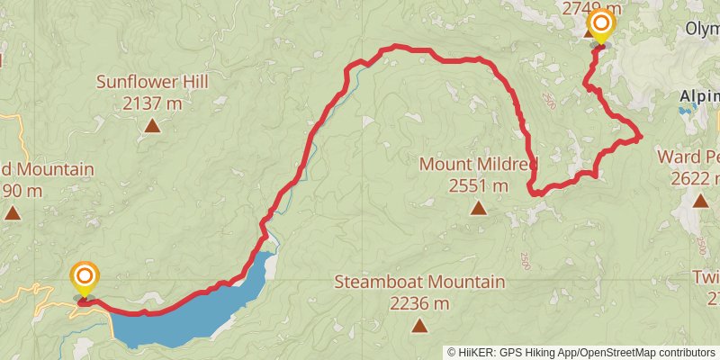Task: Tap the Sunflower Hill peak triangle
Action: pyautogui.click(x=152, y=126)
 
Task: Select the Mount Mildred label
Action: pyautogui.click(x=478, y=165)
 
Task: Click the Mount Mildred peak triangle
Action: pyautogui.click(x=478, y=209)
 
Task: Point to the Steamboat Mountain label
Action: pyautogui.click(x=419, y=283)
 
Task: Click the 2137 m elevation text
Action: pyautogui.click(x=152, y=103)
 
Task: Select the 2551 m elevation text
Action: pyautogui.click(x=478, y=186)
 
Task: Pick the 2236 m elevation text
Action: pyautogui.click(x=419, y=304)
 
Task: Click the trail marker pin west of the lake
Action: pyautogui.click(x=85, y=277)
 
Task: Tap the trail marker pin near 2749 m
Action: pyautogui.click(x=600, y=25)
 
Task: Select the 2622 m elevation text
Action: pyautogui.click(x=696, y=177)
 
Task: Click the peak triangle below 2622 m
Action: pyautogui.click(x=700, y=200)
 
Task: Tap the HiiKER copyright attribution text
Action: pyautogui.click(x=580, y=353)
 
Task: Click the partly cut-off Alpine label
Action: pyautogui.click(x=699, y=96)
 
